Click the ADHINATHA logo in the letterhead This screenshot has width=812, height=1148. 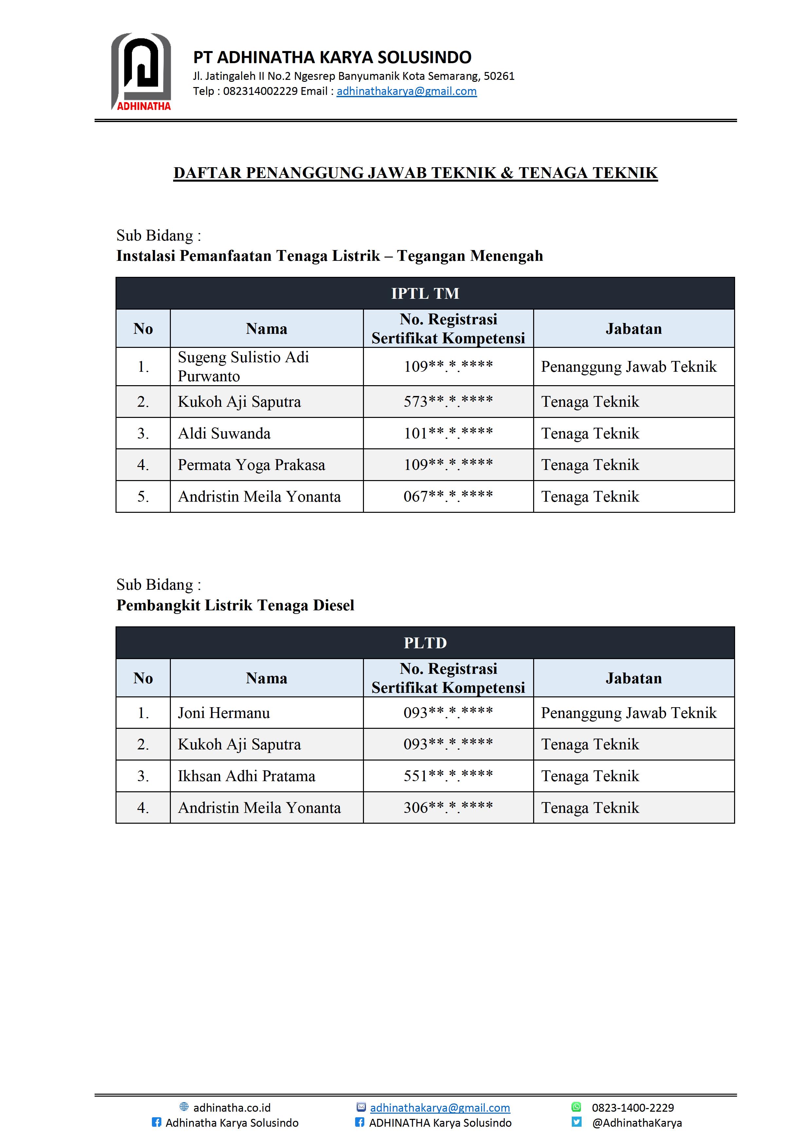(x=141, y=71)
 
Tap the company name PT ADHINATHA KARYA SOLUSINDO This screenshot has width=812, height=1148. (x=332, y=58)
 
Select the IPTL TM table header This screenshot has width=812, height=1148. (x=425, y=294)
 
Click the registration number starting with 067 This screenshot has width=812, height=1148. (x=448, y=496)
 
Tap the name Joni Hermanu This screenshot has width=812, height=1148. (x=224, y=712)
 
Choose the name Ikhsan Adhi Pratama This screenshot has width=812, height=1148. (x=246, y=776)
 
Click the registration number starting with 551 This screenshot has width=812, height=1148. (x=448, y=776)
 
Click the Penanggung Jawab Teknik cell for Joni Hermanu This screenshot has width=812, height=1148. (x=628, y=712)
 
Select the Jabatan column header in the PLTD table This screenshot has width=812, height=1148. (x=634, y=678)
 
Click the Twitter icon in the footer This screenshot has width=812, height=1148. (x=576, y=1122)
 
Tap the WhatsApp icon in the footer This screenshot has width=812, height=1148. (x=576, y=1107)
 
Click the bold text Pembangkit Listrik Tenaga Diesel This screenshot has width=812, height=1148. (x=235, y=605)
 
